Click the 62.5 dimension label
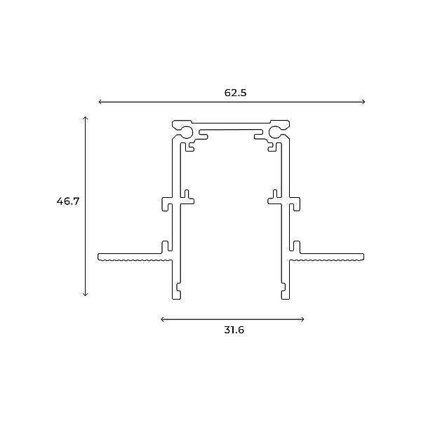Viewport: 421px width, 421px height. (235, 93)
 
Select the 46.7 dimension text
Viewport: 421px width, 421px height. (68, 201)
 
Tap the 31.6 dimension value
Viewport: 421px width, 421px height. (234, 330)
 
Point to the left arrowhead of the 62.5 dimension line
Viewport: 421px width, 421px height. (100, 102)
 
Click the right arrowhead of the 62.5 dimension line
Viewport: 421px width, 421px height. (363, 102)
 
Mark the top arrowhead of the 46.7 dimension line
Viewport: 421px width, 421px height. (85, 118)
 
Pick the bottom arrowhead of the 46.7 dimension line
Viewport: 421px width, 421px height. (85, 295)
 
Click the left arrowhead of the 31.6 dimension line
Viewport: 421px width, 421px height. (163, 319)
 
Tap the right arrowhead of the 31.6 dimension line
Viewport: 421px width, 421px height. (302, 319)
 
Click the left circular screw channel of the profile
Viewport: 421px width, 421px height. (187, 132)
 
